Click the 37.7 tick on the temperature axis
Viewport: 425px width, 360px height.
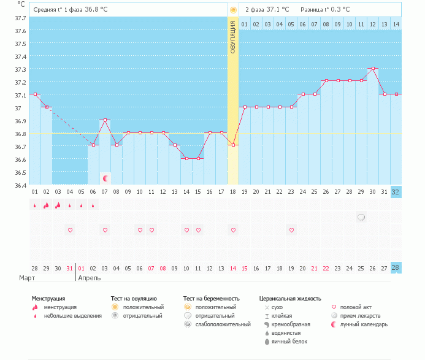(20, 18)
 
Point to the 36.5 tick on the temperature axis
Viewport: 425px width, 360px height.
(20, 172)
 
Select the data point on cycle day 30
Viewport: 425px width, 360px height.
(372, 68)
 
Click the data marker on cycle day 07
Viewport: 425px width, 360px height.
(105, 120)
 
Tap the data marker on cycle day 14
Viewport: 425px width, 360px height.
(186, 158)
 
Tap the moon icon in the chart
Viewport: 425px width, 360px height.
(105, 178)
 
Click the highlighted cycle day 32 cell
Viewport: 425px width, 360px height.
(396, 191)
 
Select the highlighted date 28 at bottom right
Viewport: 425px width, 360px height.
(396, 268)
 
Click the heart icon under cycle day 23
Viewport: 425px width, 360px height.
(291, 230)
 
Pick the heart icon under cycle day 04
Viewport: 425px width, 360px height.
(70, 230)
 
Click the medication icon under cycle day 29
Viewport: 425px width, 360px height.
(361, 217)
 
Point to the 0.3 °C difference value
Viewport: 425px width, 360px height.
(339, 10)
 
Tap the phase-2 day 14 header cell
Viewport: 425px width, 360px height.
(396, 24)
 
